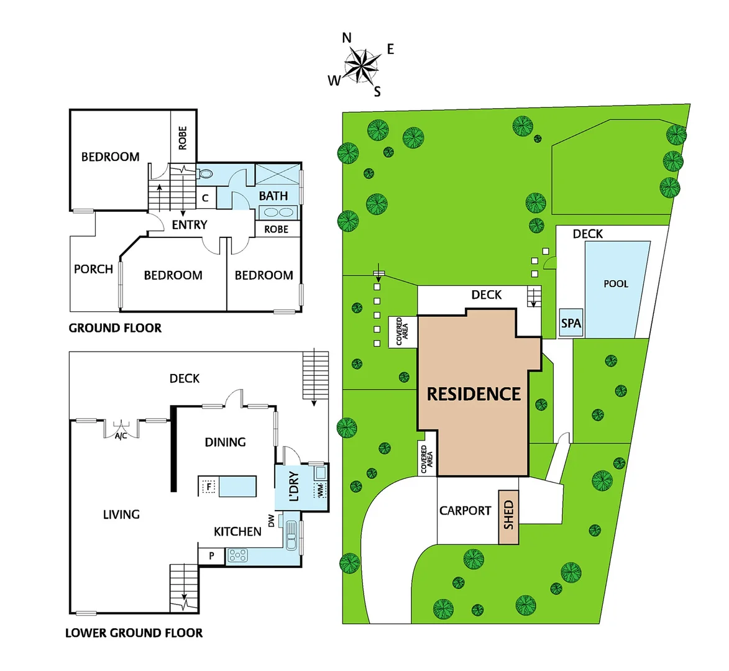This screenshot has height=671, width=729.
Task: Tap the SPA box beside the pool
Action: click(571, 323)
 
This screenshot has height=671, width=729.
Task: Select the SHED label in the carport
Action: click(509, 514)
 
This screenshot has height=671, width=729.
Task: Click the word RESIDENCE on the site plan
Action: click(474, 394)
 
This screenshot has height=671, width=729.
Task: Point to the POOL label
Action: click(616, 284)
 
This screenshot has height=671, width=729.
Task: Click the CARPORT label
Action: click(465, 511)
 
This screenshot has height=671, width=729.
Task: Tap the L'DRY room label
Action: click(293, 486)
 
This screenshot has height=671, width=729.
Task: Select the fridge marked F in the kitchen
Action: click(209, 486)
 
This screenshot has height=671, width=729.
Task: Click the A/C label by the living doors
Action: click(121, 436)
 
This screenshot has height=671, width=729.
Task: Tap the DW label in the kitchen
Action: click(272, 521)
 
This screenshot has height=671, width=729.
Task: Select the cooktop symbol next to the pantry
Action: click(238, 555)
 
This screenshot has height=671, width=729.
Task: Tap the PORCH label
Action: click(93, 269)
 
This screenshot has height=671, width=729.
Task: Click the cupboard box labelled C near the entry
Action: click(205, 199)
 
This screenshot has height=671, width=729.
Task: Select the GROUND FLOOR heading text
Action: click(115, 328)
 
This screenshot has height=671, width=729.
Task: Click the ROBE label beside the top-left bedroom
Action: click(183, 138)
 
